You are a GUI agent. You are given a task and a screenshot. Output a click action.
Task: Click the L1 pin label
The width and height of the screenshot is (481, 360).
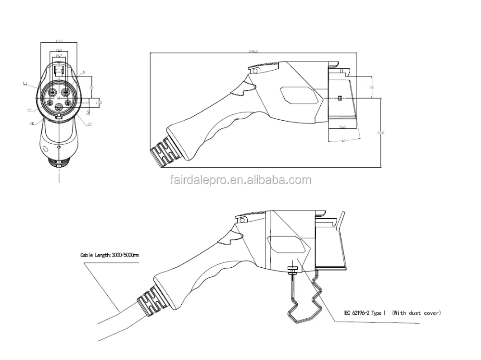point(25,83)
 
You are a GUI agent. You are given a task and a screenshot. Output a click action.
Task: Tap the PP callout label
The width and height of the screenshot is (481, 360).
point(30,110)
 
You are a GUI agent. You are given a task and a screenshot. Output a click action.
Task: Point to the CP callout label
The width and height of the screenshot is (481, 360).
point(89,124)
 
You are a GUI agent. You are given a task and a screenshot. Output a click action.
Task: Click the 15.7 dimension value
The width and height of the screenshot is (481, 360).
point(59,56)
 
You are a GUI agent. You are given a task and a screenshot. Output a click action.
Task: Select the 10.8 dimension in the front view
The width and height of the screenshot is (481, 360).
point(99,102)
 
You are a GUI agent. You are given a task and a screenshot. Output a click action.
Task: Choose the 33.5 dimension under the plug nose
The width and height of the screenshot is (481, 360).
point(343,127)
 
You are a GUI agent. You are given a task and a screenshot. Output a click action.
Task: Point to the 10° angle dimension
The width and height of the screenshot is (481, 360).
point(344,140)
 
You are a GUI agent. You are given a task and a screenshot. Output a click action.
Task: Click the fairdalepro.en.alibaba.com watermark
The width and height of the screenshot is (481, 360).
point(240,181)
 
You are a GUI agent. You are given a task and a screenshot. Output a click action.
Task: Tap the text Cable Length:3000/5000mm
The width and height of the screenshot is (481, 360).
point(110,255)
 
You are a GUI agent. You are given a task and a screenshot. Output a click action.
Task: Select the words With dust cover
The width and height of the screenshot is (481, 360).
point(417,313)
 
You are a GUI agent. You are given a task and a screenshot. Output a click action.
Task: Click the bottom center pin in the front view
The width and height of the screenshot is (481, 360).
point(59,107)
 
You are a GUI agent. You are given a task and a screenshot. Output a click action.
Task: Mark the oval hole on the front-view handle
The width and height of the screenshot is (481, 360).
point(46,149)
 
